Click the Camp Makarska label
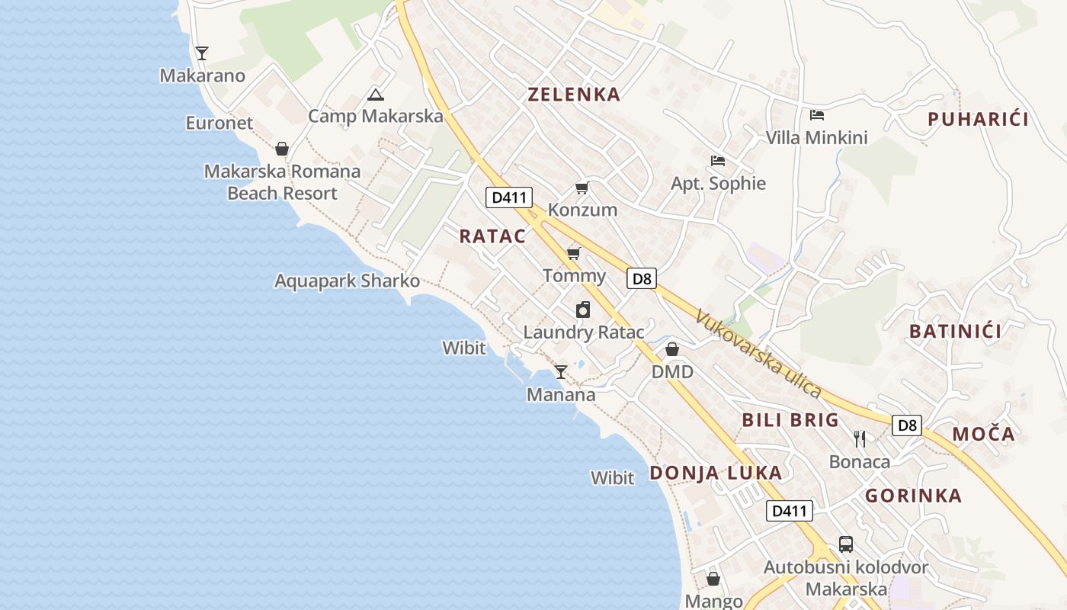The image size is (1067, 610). [x=375, y=116]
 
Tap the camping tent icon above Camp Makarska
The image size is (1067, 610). [x=375, y=95]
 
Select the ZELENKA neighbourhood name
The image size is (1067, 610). [x=574, y=95]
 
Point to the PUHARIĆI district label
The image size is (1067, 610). [x=978, y=119]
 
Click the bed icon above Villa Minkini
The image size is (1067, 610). [x=817, y=115]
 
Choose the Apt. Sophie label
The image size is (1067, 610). [x=718, y=183]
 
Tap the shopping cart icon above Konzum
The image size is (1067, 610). [x=582, y=188]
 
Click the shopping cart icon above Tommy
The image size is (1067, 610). [x=574, y=253]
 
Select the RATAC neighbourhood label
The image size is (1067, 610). [x=492, y=236]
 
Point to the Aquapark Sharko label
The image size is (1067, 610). [x=347, y=281]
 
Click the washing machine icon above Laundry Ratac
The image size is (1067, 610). [x=583, y=310]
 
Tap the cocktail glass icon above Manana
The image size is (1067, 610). [x=561, y=372]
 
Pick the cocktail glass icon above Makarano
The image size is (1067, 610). [x=202, y=53]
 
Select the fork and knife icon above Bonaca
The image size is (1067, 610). [x=860, y=439]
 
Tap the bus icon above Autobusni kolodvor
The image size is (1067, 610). [x=846, y=544]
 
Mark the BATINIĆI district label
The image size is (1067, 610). [x=955, y=331]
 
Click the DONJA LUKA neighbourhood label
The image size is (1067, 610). [x=716, y=473]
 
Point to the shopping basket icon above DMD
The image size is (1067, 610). [x=672, y=350]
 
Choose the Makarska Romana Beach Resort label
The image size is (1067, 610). [x=282, y=182]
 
